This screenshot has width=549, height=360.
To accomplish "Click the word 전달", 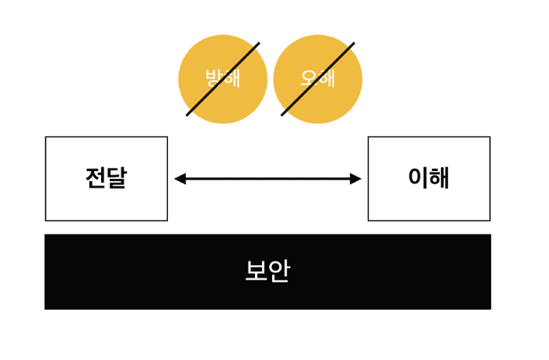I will [x=106, y=178].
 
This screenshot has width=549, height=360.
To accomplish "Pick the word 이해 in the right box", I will [x=429, y=178].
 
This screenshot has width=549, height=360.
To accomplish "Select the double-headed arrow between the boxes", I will [x=267, y=179].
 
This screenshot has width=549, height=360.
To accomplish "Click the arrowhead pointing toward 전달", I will [x=180, y=179].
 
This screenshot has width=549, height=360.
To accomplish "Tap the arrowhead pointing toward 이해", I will [x=356, y=179].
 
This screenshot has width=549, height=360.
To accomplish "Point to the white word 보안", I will [x=267, y=271].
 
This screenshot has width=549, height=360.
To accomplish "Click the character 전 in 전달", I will [x=96, y=178].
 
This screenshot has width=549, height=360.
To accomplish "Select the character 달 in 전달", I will [x=116, y=178].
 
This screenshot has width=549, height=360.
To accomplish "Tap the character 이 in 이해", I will [x=418, y=178].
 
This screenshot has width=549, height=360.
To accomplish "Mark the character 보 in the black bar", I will [x=256, y=271].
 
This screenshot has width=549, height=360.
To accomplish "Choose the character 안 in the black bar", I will [x=278, y=271].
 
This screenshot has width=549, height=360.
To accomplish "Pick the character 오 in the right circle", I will [x=308, y=78].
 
